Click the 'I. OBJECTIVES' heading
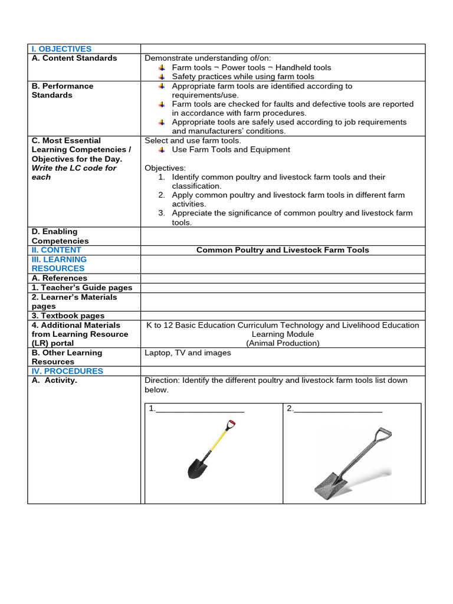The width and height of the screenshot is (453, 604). point(62,49)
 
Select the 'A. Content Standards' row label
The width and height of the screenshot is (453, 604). point(74,58)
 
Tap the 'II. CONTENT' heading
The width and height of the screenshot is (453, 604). point(56,250)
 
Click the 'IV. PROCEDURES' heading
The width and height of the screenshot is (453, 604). point(67,371)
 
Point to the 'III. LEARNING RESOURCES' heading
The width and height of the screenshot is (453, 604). point(59,264)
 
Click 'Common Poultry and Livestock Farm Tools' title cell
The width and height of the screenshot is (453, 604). point(283,250)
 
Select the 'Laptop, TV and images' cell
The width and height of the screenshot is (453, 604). point(188,353)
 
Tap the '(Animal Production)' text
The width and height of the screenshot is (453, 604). point(283,343)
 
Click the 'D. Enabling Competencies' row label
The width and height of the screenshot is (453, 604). point(60,236)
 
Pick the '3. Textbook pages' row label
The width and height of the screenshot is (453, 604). point(68,316)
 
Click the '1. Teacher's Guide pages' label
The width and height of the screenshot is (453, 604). point(82,288)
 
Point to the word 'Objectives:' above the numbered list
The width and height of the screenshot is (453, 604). point(165,168)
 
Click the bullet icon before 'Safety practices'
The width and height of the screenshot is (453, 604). point(162,77)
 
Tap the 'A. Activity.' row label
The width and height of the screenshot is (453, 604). point(54,380)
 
